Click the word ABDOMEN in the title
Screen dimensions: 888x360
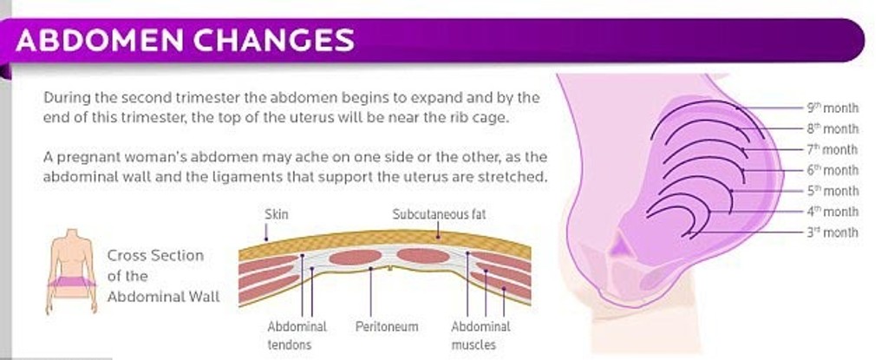[x=100, y=40]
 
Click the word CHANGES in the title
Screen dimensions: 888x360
[x=274, y=40]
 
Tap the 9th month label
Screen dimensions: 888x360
[x=832, y=108]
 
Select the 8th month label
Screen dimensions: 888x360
[x=832, y=128]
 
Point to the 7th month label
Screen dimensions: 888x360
[x=832, y=150]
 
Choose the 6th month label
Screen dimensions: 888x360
[x=832, y=170]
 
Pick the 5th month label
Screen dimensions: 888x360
[x=832, y=191]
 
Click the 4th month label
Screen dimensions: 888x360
[x=832, y=212]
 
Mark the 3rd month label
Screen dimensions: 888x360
[x=832, y=232]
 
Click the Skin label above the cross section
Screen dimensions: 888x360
[x=277, y=213]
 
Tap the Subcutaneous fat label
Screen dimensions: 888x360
[x=439, y=213]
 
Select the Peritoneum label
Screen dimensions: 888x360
[x=387, y=326]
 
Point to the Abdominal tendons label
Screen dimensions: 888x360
[x=297, y=336]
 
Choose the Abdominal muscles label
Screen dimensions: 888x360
[x=480, y=336]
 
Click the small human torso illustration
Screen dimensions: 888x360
[x=71, y=271]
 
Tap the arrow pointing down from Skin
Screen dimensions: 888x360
[x=266, y=232]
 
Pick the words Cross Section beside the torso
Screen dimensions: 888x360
[x=156, y=255]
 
